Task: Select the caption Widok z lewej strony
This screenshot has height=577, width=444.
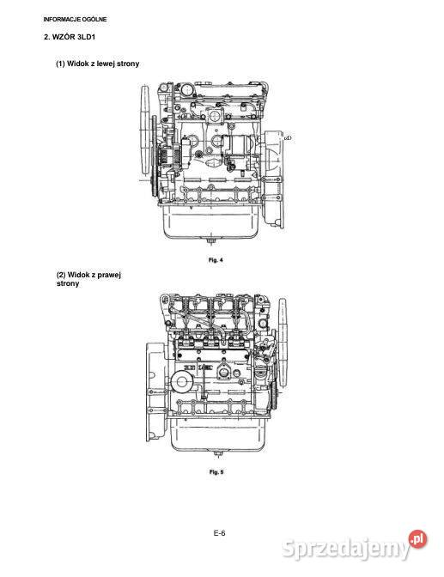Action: coord(98,64)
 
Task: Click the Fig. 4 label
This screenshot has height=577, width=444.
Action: coord(216,258)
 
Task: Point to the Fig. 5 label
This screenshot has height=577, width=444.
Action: coord(217,472)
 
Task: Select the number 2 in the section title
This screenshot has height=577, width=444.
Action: coord(46,39)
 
